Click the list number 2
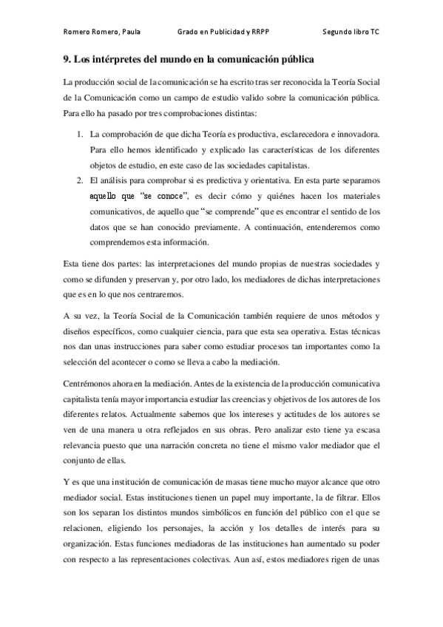tap(80, 179)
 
